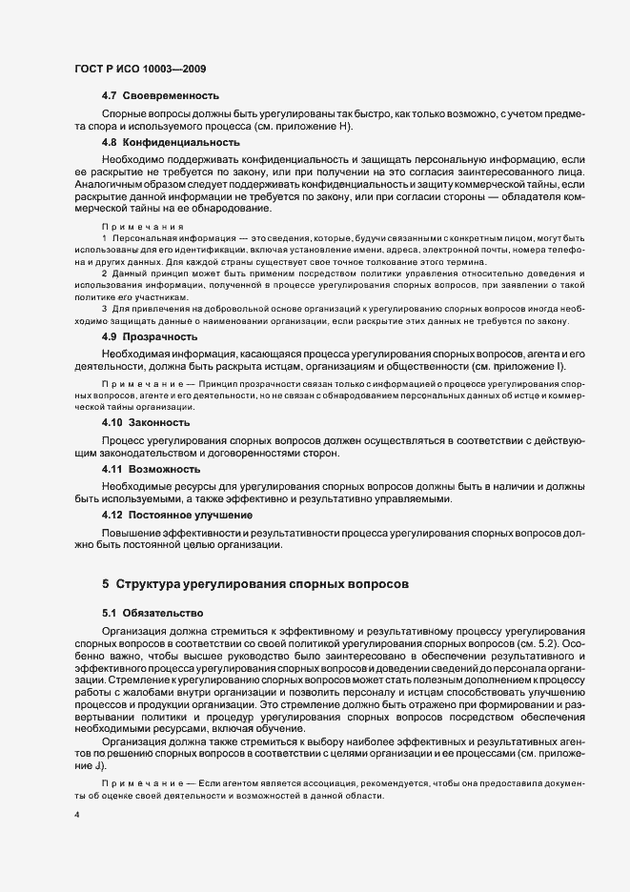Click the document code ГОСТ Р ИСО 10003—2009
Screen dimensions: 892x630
tap(139, 70)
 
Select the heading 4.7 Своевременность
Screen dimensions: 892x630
tap(160, 96)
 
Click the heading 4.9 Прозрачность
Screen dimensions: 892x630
tap(150, 337)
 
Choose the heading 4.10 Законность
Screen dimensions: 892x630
tap(146, 422)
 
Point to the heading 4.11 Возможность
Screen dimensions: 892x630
tap(151, 469)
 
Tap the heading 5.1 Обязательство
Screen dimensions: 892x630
tap(152, 614)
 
